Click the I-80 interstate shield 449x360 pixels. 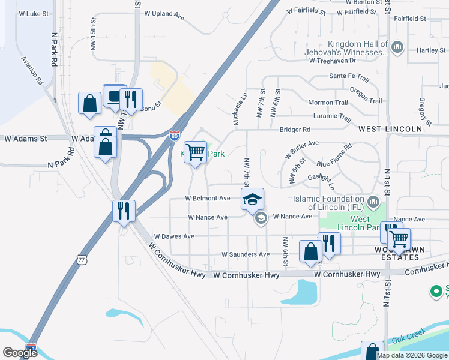174,136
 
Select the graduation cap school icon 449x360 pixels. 253,199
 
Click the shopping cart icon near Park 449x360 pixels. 195,152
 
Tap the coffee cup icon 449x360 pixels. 114,95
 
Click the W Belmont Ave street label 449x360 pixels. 208,198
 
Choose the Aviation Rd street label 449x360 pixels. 32,70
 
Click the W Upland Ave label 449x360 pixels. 159,13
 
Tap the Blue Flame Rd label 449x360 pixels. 334,156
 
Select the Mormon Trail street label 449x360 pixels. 328,103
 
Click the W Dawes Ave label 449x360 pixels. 174,236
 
